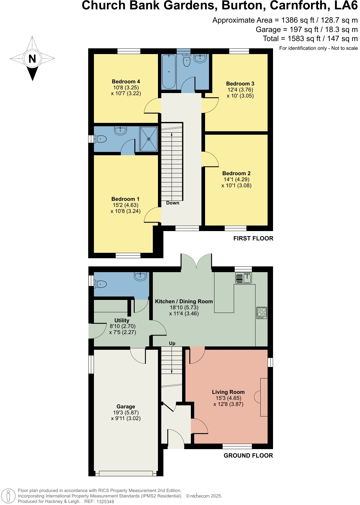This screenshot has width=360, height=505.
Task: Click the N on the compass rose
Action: click(x=32, y=59)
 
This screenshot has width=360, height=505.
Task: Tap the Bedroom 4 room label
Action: click(x=126, y=82)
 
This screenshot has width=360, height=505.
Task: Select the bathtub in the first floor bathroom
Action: click(x=169, y=72)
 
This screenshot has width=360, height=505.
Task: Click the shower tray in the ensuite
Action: click(x=149, y=139)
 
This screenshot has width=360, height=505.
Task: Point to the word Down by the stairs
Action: click(x=173, y=203)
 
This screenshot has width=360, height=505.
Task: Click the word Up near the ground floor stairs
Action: click(x=172, y=343)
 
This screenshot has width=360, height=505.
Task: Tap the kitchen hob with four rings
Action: click(x=262, y=313)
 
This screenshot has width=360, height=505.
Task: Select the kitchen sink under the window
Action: click(x=243, y=278)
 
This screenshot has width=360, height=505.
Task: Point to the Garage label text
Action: click(x=126, y=407)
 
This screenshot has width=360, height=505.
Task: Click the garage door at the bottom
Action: click(x=126, y=473)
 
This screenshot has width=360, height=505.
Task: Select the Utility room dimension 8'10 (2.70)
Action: click(x=122, y=326)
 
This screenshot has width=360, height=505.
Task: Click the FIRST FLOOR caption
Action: click(x=253, y=238)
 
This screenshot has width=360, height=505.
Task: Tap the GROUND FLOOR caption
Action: click(x=248, y=455)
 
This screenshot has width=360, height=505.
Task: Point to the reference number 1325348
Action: click(x=105, y=502)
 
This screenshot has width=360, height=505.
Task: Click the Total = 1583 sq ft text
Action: click(x=310, y=39)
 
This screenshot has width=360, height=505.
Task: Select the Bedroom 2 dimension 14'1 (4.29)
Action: click(x=236, y=179)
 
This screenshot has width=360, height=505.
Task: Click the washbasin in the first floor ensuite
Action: click(x=120, y=130)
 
